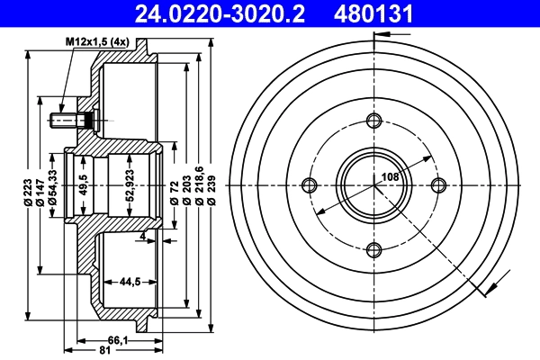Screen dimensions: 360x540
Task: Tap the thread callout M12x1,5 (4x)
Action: click(x=97, y=42)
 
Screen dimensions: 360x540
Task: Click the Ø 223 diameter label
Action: click(x=30, y=193)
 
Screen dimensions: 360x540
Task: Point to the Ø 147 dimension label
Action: click(x=42, y=193)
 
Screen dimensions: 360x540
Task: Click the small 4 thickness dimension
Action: click(x=143, y=236)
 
